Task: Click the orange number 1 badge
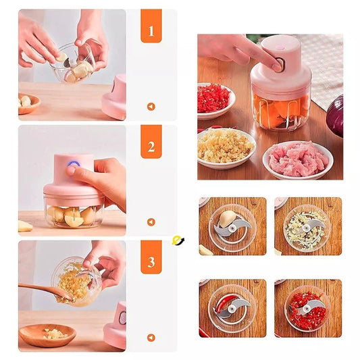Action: [151, 26]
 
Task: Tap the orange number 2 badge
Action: [151, 142]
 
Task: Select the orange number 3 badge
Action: [151, 257]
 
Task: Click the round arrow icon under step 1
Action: [151, 107]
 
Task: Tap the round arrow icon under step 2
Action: [151, 222]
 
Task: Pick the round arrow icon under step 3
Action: [151, 338]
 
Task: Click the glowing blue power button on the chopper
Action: [74, 164]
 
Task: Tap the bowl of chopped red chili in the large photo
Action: [215, 101]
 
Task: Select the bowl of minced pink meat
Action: [298, 160]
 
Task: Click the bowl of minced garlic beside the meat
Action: [225, 148]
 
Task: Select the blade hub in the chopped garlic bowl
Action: [307, 228]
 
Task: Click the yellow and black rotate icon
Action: [178, 240]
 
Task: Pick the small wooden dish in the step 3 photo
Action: [47, 335]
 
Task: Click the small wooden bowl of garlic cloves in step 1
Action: [28, 103]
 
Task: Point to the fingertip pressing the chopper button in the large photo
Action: [277, 66]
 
